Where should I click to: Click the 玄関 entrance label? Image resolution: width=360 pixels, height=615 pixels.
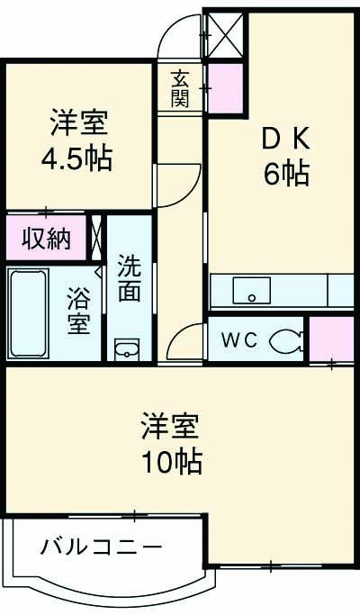coord(180,87)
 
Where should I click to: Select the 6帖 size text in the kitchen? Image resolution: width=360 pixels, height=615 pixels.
coord(286,174)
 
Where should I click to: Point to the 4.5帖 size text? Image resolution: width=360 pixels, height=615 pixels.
coord(76,158)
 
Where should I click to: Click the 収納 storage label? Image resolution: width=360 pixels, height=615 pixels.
coord(46,239)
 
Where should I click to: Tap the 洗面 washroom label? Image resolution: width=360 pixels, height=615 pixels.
coord(130,280)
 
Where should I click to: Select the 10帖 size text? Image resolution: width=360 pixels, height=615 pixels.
coord(170,462)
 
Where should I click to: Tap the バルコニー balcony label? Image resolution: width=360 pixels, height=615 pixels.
coord(102,547)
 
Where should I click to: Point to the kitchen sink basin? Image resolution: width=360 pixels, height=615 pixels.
coord(252,291)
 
